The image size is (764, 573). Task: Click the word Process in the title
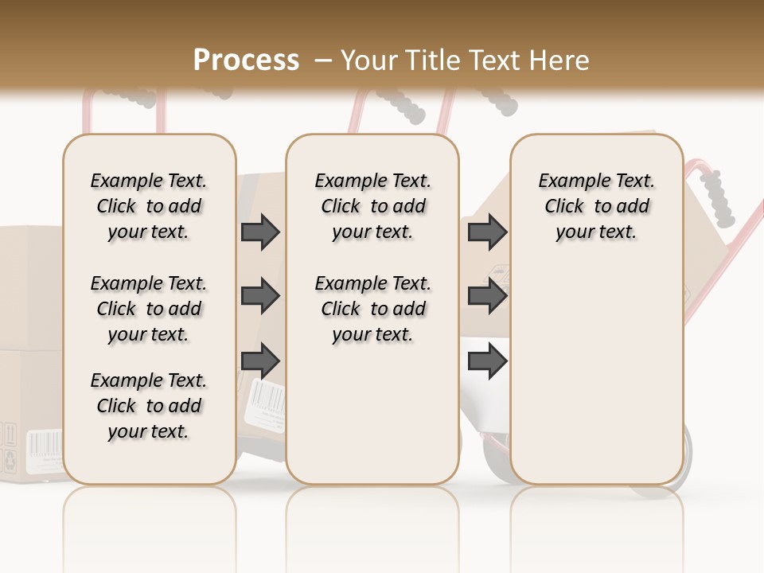coord(246,60)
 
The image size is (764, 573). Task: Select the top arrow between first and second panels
coord(260,232)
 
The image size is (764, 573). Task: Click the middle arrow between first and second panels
coord(260,297)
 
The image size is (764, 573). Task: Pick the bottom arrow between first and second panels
coord(260,362)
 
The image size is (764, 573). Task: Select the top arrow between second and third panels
coord(487,232)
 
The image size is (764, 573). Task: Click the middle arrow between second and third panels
coord(487,297)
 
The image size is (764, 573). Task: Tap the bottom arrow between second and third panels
coord(487,362)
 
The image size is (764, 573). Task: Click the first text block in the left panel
coord(149,206)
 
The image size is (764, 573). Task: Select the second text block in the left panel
coord(149,309)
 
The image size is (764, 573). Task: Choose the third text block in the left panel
coord(149,406)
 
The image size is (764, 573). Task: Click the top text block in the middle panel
coord(372,206)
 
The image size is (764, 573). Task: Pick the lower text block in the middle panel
coord(372,309)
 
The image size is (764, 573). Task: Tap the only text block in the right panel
coord(596,206)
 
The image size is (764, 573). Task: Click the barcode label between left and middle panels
coord(264,397)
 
